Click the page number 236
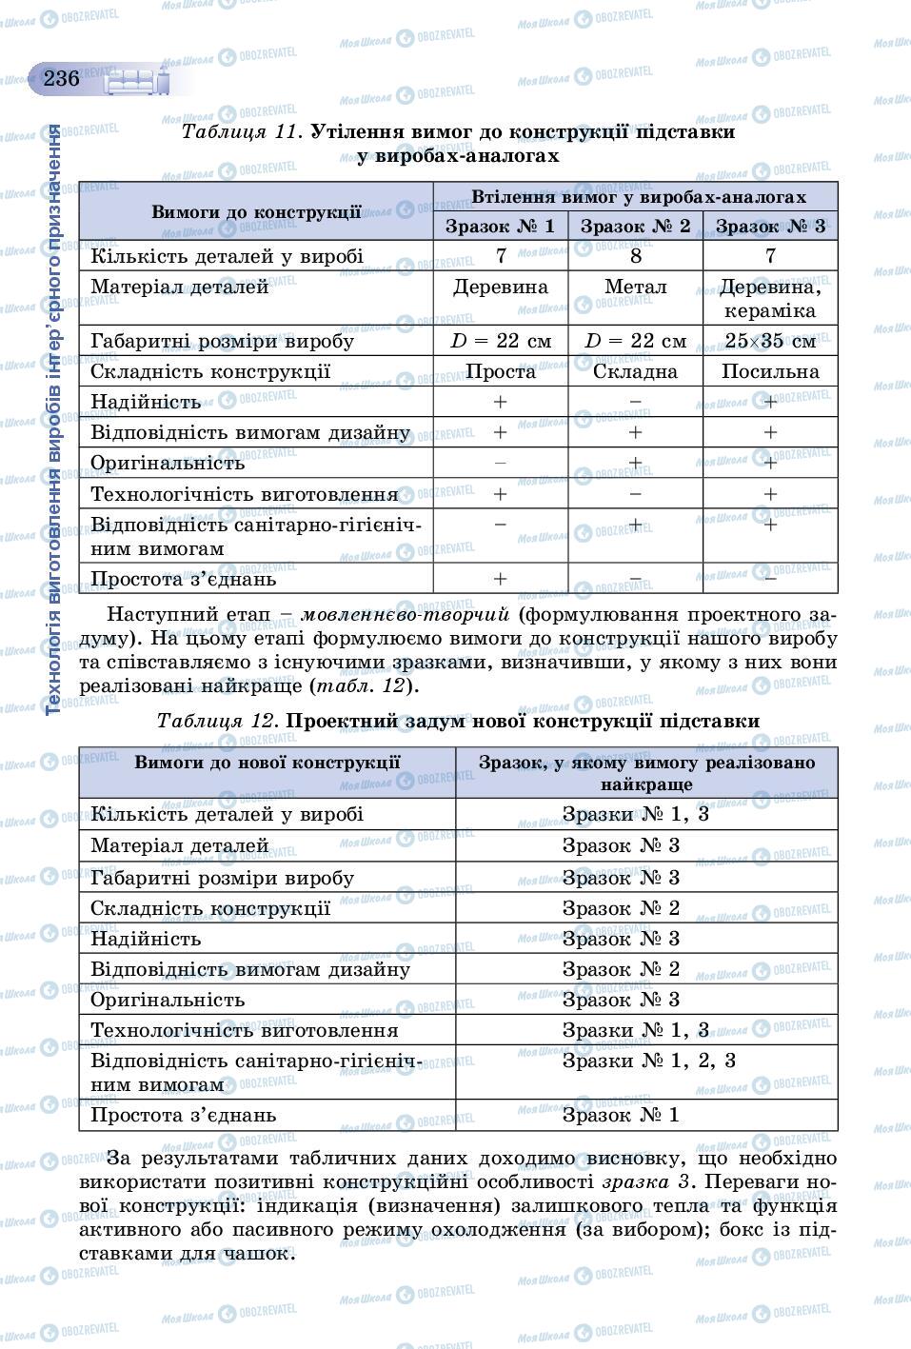pos(61,78)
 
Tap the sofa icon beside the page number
pos(137,82)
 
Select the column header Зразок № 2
pos(635,227)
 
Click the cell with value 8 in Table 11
pos(635,255)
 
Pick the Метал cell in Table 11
pos(635,287)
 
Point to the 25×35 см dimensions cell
pos(770,341)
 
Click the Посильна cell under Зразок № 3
pos(770,371)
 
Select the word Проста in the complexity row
pos(500,371)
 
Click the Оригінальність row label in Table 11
pos(168,464)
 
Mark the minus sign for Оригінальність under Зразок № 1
pos(500,464)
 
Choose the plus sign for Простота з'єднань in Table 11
pos(500,579)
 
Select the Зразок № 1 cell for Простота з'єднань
pos(621,1115)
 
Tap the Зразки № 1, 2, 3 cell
pos(648,1061)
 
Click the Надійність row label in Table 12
pos(146,939)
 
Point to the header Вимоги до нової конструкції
pos(267,763)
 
